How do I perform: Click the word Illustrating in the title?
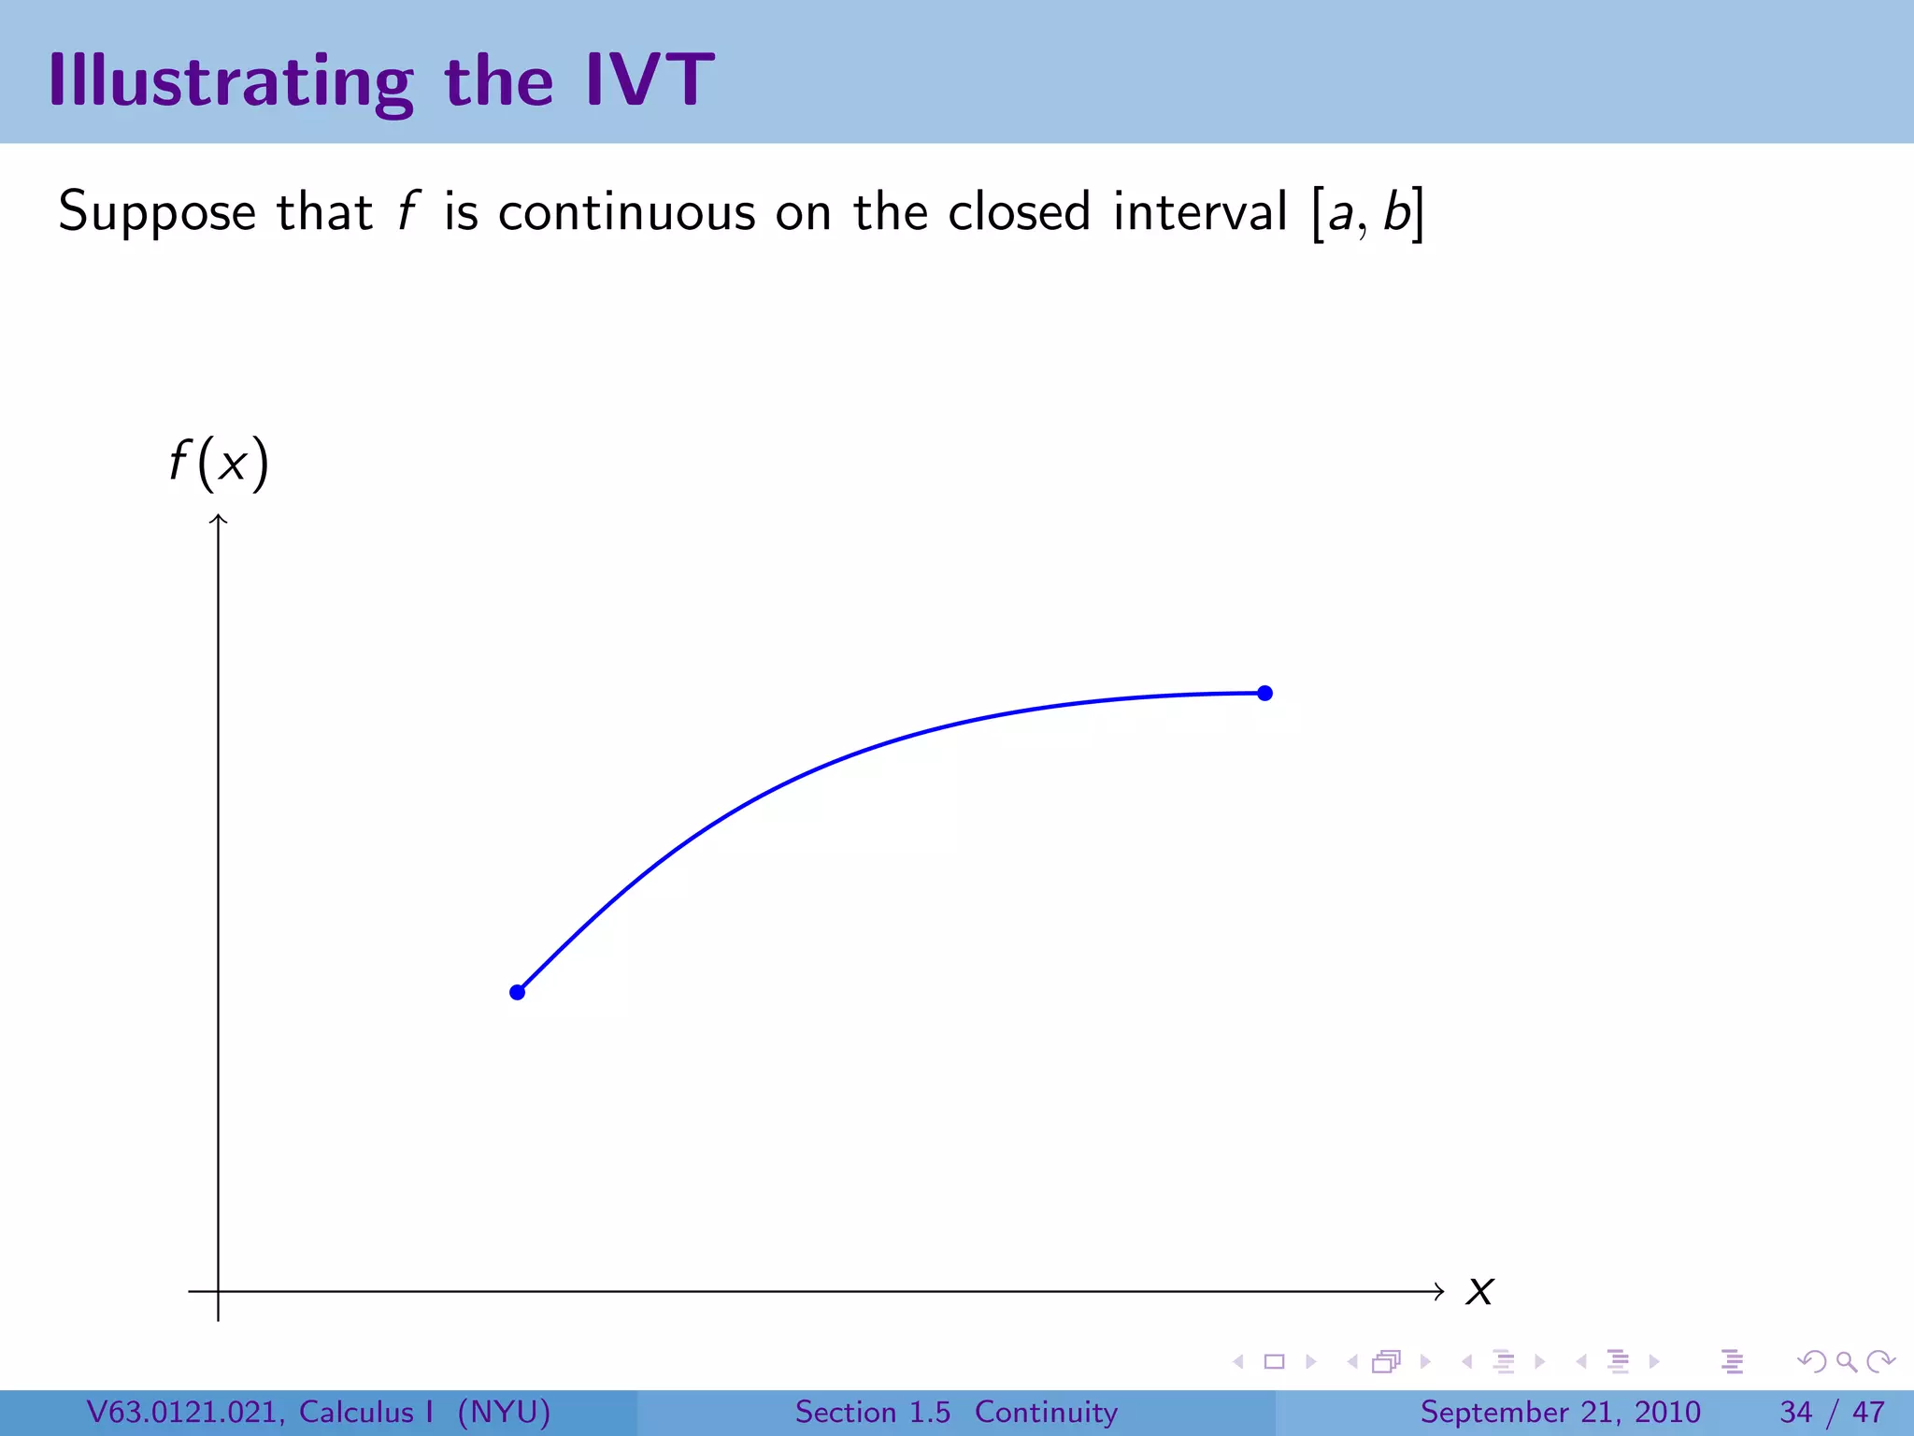(230, 82)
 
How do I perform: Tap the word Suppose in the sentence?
(156, 212)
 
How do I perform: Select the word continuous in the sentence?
(626, 212)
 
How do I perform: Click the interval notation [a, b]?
(1367, 213)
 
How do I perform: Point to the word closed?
(1019, 212)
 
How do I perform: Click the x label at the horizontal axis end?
(1479, 1292)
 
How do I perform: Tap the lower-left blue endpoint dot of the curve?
(517, 992)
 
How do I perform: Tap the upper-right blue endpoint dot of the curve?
(1264, 693)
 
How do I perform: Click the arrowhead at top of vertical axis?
(219, 518)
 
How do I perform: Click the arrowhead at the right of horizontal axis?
(1439, 1291)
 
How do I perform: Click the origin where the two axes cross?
(219, 1291)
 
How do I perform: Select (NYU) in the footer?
(504, 1412)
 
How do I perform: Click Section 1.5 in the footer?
(872, 1412)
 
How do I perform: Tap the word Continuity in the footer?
(1046, 1412)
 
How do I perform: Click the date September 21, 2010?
(1560, 1412)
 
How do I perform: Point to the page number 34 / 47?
(1832, 1412)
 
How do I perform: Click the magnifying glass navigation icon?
(1846, 1361)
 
